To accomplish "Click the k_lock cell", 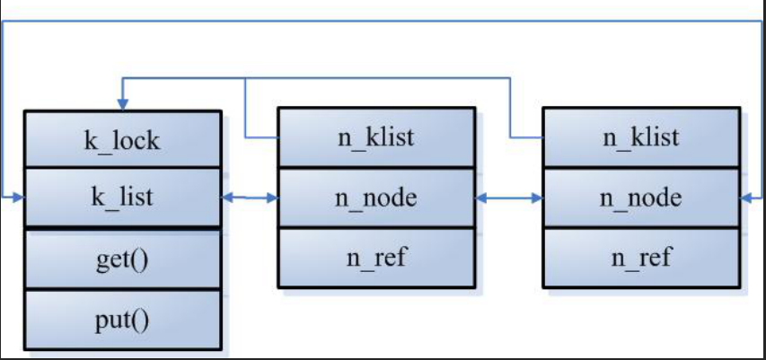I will tap(123, 139).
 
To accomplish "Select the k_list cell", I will tap(123, 198).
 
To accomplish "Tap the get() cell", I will tap(123, 259).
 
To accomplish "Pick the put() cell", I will tap(123, 320).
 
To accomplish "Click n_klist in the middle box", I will tap(375, 138).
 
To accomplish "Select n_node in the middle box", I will tap(375, 198).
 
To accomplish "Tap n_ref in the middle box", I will tap(375, 258).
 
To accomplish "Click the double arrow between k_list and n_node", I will tap(250, 198).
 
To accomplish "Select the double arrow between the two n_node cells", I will tap(508, 198).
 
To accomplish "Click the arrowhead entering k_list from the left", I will tap(18, 197).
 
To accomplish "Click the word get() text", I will tap(123, 259).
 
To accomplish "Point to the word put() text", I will tap(123, 320).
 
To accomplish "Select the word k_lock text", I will tap(123, 140).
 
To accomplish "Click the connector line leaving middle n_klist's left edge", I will tap(260, 138).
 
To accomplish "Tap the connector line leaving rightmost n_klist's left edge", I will tap(528, 138).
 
